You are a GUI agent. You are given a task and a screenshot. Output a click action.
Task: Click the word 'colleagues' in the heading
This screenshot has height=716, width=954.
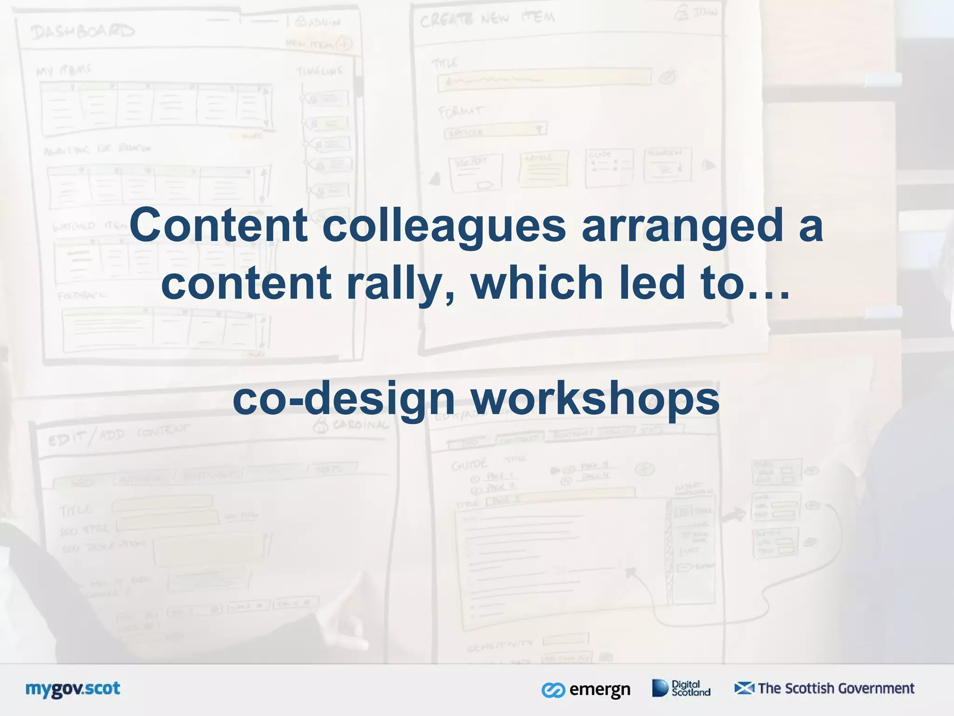point(443,226)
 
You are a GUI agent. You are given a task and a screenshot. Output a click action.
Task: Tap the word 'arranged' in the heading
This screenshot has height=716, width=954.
point(682,226)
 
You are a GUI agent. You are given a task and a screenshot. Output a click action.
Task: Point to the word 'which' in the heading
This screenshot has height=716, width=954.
point(537,282)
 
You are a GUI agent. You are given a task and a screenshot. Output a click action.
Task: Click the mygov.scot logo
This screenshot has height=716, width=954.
point(73,689)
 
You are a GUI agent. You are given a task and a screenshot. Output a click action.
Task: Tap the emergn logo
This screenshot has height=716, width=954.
point(586,689)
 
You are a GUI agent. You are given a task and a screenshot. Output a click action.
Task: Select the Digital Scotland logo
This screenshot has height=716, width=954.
point(681,688)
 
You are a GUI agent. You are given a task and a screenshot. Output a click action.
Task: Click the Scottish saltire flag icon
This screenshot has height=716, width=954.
point(744,688)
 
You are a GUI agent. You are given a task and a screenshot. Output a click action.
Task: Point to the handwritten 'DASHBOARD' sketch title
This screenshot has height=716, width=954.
point(83,32)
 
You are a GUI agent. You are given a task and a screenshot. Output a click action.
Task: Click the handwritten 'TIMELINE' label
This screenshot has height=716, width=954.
point(320,71)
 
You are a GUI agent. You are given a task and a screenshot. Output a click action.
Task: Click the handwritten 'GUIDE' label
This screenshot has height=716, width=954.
point(469,464)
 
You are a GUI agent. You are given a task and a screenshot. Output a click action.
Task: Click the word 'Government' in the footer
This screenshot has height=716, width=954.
point(876,688)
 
